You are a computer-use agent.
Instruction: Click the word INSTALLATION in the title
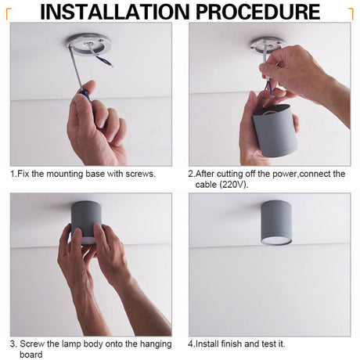(x=115, y=12)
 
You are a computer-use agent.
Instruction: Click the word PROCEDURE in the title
(x=257, y=12)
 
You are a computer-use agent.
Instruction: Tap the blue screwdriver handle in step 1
(x=85, y=95)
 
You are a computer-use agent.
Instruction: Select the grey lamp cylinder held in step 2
(x=275, y=131)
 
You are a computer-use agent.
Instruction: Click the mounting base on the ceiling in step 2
(x=267, y=44)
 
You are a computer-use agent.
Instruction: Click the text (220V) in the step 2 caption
(x=234, y=185)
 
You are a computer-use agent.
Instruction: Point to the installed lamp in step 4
(x=276, y=223)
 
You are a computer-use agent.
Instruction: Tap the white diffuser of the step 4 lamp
(x=276, y=240)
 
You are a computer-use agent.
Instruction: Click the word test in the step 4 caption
(x=270, y=344)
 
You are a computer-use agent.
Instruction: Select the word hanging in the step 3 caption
(x=156, y=344)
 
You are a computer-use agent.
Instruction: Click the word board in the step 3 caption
(x=31, y=355)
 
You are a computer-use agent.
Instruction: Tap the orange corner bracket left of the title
(x=9, y=13)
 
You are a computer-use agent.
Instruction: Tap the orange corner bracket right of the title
(x=351, y=13)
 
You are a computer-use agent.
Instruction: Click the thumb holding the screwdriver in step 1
(x=81, y=106)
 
